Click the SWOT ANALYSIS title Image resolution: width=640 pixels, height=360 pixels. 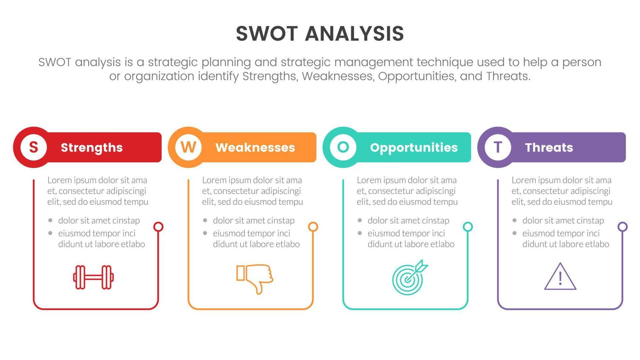(x=320, y=33)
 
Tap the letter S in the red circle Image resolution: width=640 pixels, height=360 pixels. (x=33, y=147)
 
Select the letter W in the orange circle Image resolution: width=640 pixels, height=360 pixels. (x=188, y=147)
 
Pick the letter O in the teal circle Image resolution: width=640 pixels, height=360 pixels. (x=343, y=147)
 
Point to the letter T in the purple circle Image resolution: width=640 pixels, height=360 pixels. (x=498, y=147)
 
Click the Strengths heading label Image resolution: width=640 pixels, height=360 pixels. (x=91, y=147)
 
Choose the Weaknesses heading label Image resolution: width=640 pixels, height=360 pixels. (x=255, y=147)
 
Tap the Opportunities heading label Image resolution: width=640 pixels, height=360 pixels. (x=414, y=147)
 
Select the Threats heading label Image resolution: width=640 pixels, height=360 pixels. (x=549, y=147)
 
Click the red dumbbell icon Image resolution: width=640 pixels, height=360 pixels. (x=93, y=277)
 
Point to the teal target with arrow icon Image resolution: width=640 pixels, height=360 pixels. (x=409, y=278)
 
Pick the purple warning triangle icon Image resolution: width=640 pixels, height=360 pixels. (x=560, y=277)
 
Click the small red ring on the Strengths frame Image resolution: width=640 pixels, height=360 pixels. (x=158, y=227)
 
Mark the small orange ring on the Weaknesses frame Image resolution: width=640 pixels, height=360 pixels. (x=313, y=227)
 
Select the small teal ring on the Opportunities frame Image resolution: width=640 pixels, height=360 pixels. (x=468, y=227)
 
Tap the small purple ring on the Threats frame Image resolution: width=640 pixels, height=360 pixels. (x=622, y=227)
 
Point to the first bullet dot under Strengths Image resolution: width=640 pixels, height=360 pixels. (x=50, y=220)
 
